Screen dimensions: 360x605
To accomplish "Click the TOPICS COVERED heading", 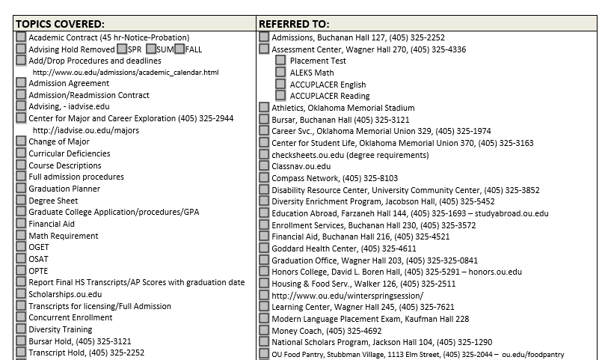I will [61, 23].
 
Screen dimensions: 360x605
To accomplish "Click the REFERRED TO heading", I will [294, 23].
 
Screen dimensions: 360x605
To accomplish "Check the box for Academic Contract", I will [21, 37].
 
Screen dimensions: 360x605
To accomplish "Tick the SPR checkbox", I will [121, 49].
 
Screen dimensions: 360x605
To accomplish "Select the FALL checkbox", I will [180, 49].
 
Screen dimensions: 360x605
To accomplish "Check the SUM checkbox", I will [151, 49].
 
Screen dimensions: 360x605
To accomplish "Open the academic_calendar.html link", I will [126, 73].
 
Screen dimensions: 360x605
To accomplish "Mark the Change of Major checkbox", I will [21, 141].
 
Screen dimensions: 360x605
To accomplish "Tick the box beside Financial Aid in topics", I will [21, 223].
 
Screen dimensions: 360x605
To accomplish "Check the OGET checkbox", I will [21, 246].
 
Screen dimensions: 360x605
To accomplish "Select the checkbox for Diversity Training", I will [21, 329].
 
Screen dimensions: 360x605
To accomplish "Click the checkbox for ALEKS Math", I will [280, 73].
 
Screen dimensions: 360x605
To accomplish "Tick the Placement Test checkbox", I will [280, 61].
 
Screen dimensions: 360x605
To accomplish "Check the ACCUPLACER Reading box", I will [280, 96].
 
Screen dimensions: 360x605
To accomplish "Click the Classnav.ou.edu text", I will [301, 166].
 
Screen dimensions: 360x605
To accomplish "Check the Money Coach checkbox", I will [264, 330].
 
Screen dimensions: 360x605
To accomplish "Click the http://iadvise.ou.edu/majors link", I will [86, 130].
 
